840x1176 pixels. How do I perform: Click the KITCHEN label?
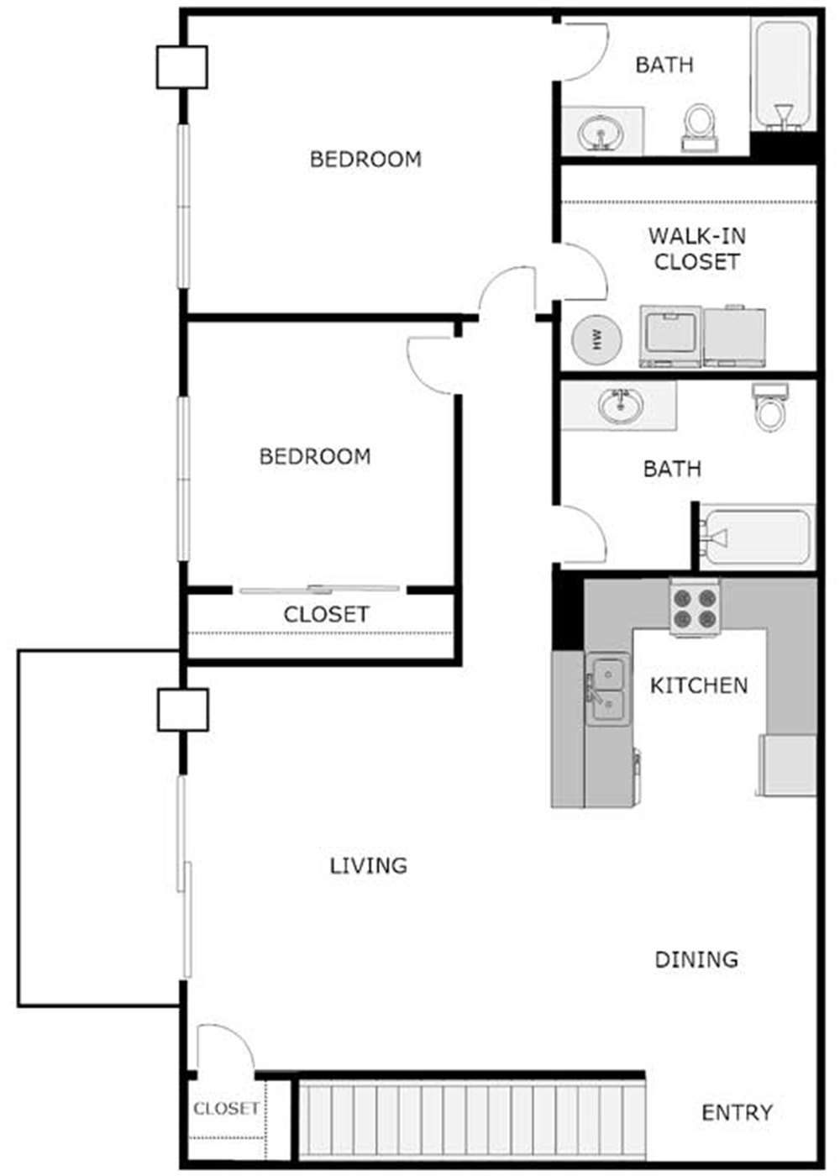point(699,685)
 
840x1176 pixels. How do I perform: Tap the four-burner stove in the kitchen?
point(695,606)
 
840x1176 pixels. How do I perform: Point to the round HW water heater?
point(597,340)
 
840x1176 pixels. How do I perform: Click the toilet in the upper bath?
point(699,124)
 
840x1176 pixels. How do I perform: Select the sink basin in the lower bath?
point(621,405)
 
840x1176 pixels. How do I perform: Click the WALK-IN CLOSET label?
point(696,249)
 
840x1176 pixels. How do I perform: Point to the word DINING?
point(696,959)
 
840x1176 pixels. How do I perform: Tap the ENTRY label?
point(737,1113)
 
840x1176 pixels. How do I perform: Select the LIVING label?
point(369,865)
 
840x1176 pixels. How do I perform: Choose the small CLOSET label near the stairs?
point(226,1109)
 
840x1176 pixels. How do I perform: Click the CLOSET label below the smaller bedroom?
point(326,615)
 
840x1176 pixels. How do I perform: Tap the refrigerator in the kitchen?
point(787,764)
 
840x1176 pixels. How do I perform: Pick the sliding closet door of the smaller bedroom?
point(319,590)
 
